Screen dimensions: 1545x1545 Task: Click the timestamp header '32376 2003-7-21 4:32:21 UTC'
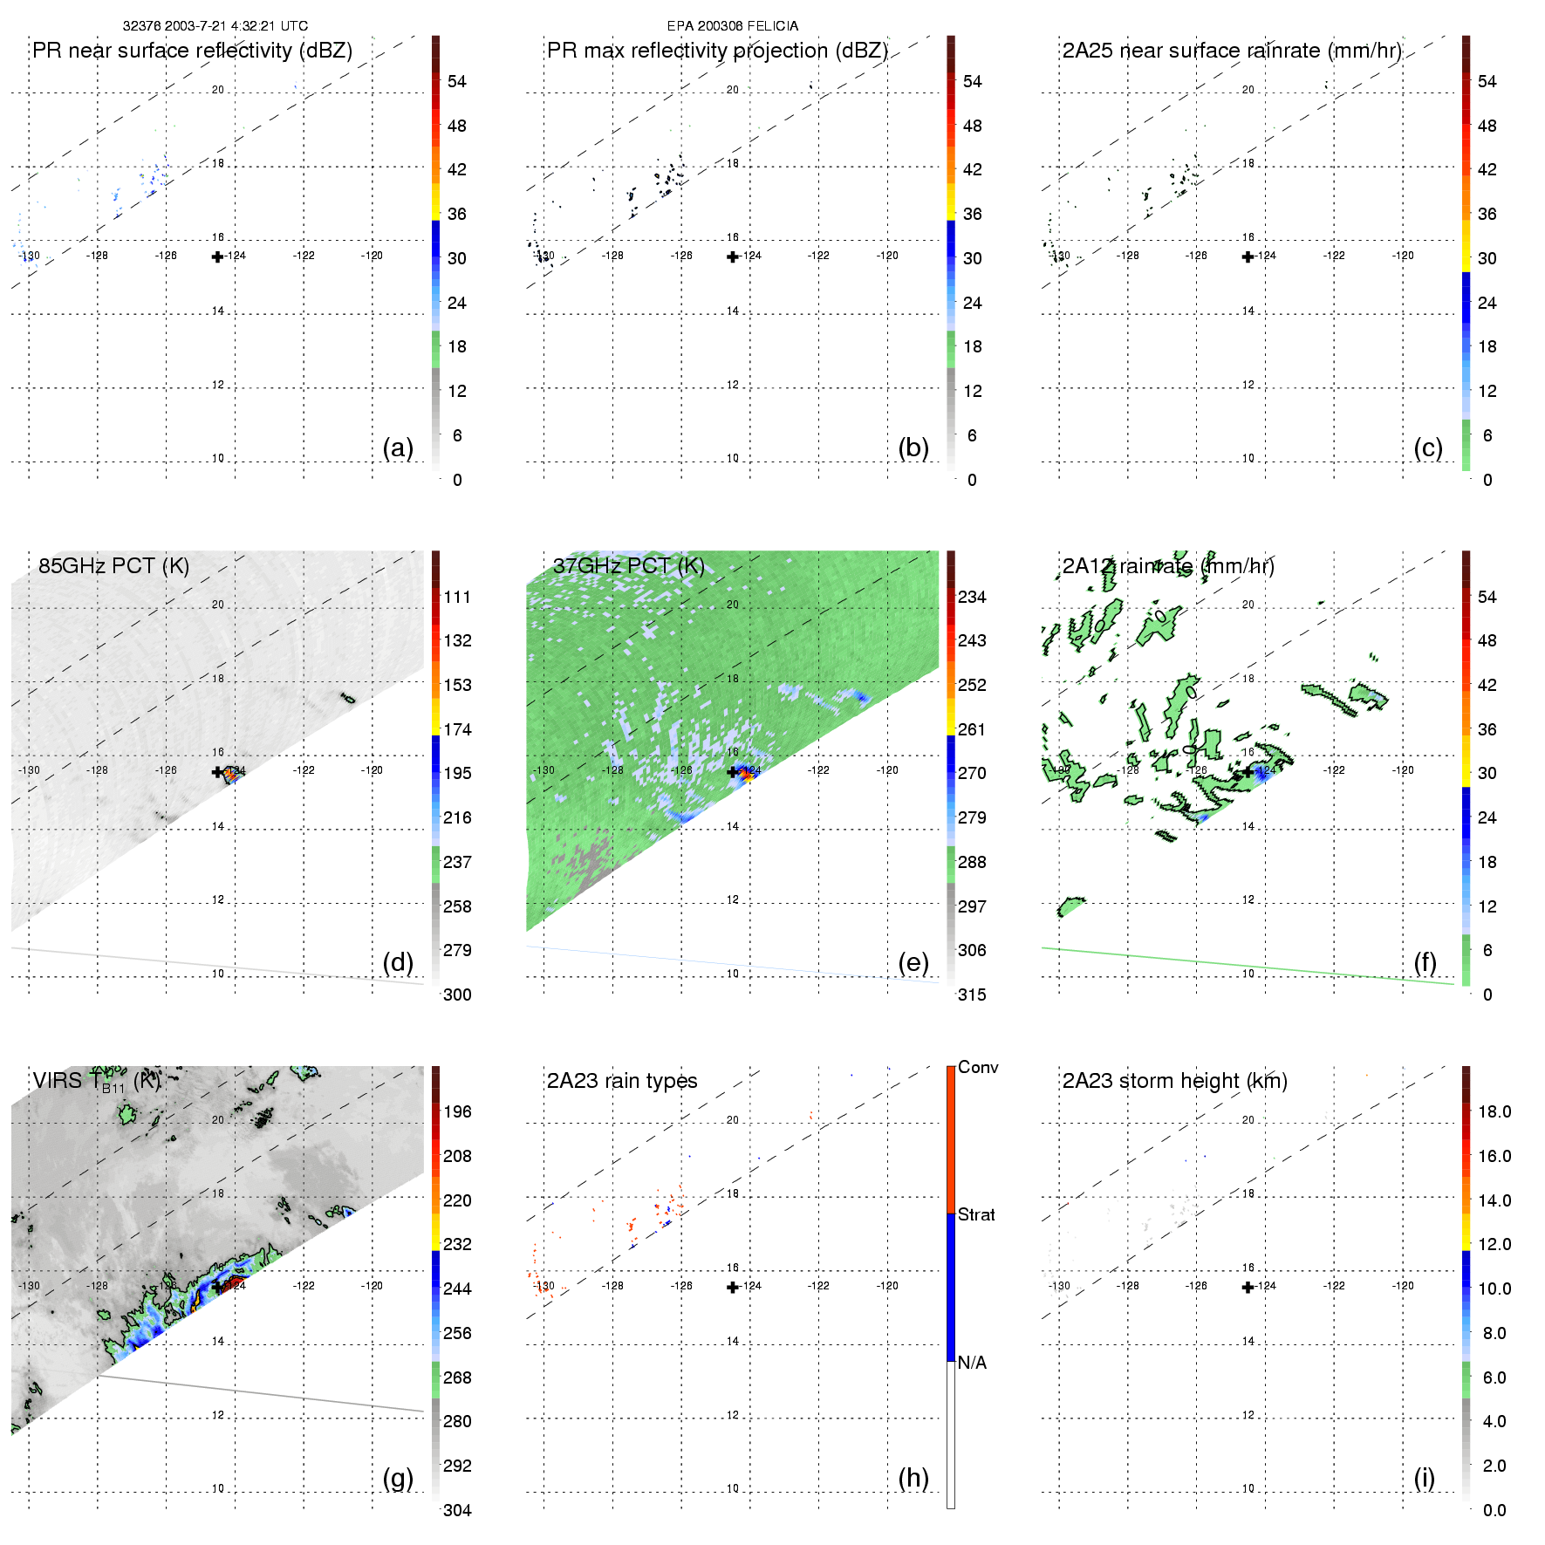tap(215, 26)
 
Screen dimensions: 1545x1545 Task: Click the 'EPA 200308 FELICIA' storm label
tap(732, 26)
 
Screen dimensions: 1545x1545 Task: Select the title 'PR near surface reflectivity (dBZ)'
tap(192, 51)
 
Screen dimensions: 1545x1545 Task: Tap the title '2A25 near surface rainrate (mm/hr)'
tap(1231, 51)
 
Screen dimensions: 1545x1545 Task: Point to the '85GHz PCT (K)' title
tap(113, 566)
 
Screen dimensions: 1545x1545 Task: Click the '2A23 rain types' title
tap(621, 1081)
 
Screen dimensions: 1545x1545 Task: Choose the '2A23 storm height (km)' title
tap(1174, 1081)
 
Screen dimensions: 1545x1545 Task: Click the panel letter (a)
tap(398, 448)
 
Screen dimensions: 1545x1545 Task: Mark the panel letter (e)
tap(913, 962)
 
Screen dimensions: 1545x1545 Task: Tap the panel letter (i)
tap(1424, 1478)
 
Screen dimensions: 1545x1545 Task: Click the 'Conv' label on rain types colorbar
tap(978, 1068)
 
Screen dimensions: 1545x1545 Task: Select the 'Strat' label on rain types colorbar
tap(976, 1215)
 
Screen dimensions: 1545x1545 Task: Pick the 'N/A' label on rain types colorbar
tap(972, 1363)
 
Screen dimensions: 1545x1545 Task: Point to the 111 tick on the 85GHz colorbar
tap(457, 598)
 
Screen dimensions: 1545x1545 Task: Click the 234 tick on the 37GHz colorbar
tap(972, 598)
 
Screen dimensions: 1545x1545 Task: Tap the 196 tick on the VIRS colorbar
tap(457, 1112)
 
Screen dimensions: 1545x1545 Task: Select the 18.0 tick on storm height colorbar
tap(1494, 1112)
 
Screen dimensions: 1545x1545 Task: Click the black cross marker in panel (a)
tap(217, 256)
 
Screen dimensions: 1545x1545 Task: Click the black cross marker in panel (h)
tap(733, 1287)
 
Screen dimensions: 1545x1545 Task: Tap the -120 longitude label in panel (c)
tap(1403, 256)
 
